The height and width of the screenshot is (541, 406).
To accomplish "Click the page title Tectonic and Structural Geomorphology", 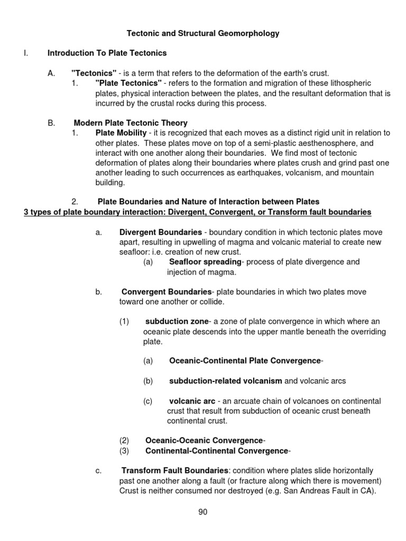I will pos(203,33).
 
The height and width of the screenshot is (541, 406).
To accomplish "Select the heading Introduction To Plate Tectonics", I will pos(107,53).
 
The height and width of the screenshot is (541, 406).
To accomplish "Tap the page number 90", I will pos(203,511).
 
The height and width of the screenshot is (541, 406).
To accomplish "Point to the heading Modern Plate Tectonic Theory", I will pos(131,123).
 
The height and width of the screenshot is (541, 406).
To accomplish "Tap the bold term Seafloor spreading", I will pos(205,262).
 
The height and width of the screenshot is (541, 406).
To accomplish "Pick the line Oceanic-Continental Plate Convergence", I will pos(245,361).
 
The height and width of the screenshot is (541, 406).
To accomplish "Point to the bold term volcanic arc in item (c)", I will pos(192,401).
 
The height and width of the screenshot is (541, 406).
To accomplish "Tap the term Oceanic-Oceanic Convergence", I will pos(204,441).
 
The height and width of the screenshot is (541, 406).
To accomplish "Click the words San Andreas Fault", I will pos(316,490).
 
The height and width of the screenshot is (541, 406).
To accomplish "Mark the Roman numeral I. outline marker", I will pos(26,53).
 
